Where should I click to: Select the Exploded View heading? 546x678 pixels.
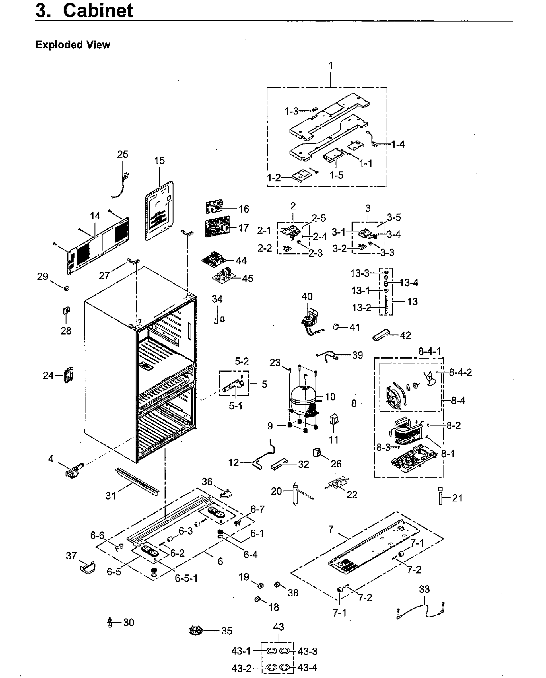coord(73,45)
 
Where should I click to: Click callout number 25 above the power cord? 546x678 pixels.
coord(122,154)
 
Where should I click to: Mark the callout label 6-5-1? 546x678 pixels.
coord(186,578)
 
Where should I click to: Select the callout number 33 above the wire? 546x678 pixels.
coord(424,589)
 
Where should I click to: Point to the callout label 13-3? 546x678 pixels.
coord(360,273)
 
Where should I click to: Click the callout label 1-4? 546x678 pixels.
coord(398,144)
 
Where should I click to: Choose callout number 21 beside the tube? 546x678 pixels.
coord(457,498)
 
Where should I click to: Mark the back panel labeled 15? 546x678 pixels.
coord(159,211)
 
